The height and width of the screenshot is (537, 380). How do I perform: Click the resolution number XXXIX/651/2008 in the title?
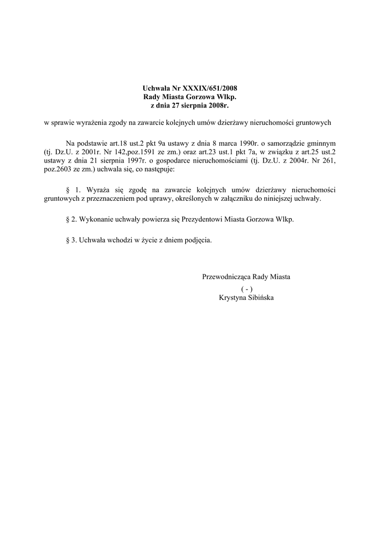(206, 88)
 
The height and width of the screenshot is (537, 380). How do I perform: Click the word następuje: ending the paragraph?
(163, 170)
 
